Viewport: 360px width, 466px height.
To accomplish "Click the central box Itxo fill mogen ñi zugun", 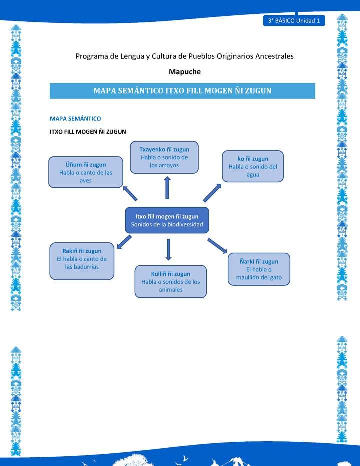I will point(167,220).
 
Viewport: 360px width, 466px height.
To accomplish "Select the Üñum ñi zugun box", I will point(86,172).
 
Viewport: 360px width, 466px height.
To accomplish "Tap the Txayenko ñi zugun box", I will point(164,157).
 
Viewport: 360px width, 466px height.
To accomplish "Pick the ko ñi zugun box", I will point(253,166).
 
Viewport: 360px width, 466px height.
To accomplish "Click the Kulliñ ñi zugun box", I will point(171,282).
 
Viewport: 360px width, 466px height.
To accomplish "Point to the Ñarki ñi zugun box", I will point(259,269).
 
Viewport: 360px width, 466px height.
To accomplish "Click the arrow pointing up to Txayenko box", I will point(167,188).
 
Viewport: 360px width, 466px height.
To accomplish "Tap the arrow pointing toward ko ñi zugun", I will point(212,192).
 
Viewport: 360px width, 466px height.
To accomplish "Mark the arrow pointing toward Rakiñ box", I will point(123,242).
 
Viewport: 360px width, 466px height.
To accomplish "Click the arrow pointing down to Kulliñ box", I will point(168,249).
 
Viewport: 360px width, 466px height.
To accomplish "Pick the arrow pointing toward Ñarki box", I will point(217,245).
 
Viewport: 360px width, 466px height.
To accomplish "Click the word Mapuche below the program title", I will point(185,71).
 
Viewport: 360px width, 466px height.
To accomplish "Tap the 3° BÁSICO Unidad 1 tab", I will point(294,21).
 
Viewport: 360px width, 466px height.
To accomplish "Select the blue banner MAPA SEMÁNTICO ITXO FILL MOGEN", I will point(182,91).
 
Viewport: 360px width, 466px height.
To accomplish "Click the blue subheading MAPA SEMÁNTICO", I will point(75,119).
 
